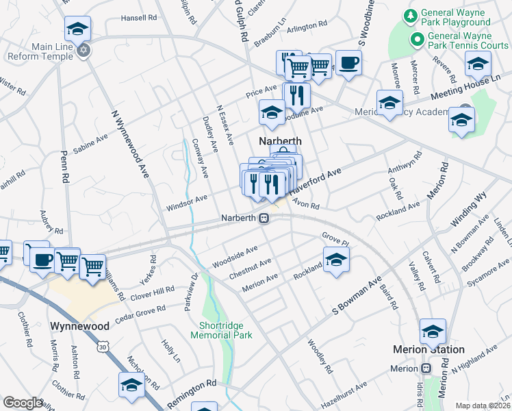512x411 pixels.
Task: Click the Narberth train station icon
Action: tap(263, 219)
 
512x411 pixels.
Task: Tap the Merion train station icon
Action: tap(426, 369)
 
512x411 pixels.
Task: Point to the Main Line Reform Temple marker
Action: tap(84, 50)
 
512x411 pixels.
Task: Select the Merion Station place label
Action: tap(428, 349)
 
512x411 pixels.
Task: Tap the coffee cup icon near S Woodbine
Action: tap(348, 63)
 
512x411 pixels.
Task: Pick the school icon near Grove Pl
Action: tap(336, 260)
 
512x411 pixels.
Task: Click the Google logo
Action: tap(23, 403)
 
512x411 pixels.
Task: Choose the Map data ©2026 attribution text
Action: tap(483, 406)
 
